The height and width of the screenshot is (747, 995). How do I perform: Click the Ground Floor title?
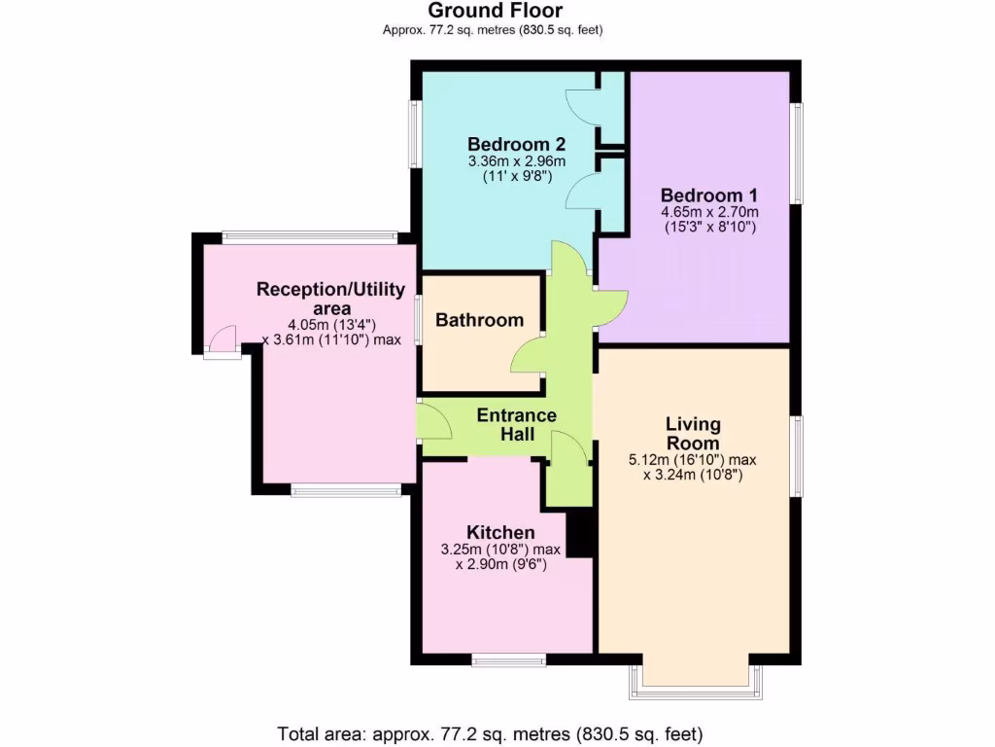(496, 11)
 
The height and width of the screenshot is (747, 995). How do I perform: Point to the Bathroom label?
(479, 320)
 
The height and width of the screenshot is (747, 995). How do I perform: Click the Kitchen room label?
(500, 532)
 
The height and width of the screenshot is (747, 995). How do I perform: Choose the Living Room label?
(693, 434)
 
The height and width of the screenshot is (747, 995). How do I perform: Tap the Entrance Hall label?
(516, 425)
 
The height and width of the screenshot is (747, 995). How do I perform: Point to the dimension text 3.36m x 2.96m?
(516, 160)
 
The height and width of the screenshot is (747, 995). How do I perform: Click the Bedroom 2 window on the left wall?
(414, 135)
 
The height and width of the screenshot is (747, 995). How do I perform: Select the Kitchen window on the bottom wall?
(508, 660)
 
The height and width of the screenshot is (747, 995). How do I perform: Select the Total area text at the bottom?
(490, 733)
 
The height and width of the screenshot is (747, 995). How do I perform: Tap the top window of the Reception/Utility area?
(309, 237)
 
